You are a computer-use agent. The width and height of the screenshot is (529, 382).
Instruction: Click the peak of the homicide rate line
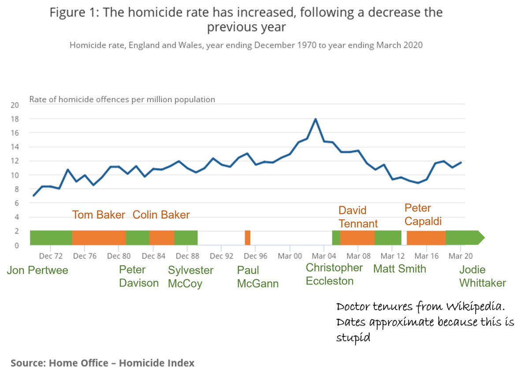click(315, 119)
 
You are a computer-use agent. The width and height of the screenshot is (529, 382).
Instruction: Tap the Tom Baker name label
click(99, 215)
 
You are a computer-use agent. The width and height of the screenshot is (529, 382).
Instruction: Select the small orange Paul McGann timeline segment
click(248, 238)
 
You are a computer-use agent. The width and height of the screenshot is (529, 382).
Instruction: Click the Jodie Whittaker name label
click(483, 276)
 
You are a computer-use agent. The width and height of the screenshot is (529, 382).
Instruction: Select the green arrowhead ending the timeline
click(478, 238)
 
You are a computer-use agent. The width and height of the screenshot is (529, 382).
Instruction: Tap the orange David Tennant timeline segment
click(357, 238)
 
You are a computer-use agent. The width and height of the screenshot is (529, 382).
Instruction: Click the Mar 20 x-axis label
click(461, 256)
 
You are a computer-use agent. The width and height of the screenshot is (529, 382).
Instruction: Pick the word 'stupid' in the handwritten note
click(352, 338)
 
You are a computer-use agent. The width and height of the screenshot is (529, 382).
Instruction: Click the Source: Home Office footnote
click(102, 363)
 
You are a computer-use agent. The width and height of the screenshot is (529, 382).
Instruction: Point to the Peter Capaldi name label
click(424, 215)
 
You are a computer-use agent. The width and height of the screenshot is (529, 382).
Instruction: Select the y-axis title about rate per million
click(122, 99)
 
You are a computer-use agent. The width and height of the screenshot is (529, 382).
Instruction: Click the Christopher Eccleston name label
click(334, 274)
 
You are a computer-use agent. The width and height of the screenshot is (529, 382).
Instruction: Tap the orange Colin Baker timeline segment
click(161, 238)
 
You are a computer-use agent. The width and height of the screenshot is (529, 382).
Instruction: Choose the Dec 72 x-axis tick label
click(51, 256)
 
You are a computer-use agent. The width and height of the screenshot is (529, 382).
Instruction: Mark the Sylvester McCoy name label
click(190, 276)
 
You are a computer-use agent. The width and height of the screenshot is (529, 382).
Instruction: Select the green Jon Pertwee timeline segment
click(51, 238)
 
